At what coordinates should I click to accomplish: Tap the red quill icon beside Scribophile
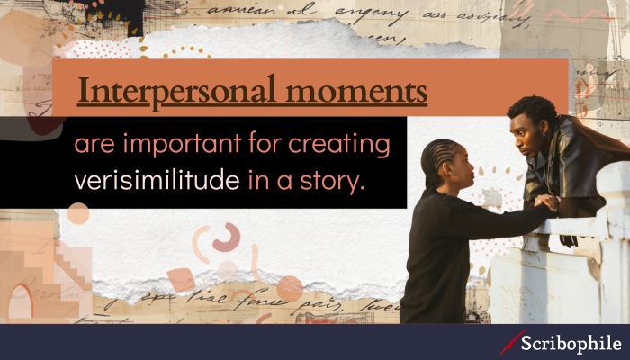(512, 342)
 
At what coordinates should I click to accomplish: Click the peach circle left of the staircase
(78, 213)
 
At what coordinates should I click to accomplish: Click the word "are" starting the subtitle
(92, 147)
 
